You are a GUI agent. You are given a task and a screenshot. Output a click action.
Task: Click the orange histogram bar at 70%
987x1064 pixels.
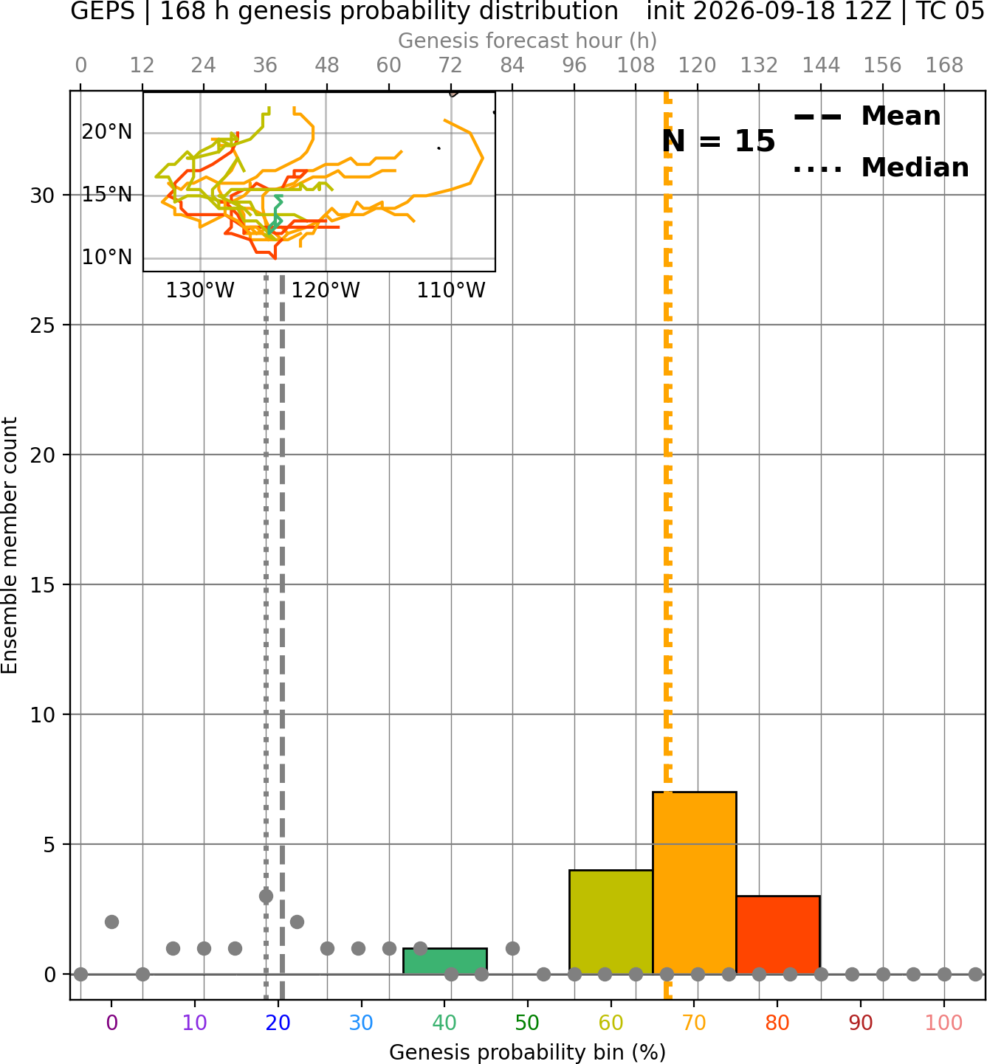point(694,882)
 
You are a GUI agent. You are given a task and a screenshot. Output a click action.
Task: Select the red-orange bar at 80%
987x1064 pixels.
point(778,934)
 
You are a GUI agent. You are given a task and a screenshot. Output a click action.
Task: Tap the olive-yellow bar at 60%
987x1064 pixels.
point(611,922)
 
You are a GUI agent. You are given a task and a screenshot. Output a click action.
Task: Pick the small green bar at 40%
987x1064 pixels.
point(445,961)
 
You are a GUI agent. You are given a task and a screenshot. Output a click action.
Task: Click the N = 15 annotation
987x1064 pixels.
point(718,141)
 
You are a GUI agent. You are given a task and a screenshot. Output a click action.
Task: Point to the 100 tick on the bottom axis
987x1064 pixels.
point(944,1023)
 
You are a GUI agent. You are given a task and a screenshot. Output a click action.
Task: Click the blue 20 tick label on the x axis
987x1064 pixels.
point(278,1023)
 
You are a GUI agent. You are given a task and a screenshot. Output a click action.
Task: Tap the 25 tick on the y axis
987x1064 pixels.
point(42,325)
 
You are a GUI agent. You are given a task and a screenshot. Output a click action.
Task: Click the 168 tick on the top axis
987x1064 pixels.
point(944,66)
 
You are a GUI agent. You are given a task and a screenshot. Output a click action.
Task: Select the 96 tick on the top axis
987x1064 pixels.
point(574,66)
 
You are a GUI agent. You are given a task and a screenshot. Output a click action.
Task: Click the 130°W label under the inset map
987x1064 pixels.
point(200,291)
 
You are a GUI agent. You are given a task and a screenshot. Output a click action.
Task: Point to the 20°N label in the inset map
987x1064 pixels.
point(107,132)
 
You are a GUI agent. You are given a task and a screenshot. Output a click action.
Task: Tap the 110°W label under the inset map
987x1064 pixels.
point(451,291)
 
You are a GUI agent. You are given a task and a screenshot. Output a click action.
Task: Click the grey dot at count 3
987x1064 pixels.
point(266,896)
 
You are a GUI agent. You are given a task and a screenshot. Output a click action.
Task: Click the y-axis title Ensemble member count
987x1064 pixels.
point(10,545)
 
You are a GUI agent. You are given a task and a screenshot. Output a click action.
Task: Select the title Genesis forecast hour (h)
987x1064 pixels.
point(528,41)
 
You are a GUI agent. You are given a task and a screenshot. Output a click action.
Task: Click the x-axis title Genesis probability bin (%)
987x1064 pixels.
point(528,1052)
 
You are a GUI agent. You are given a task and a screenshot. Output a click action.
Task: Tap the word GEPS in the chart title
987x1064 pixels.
point(103,11)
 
